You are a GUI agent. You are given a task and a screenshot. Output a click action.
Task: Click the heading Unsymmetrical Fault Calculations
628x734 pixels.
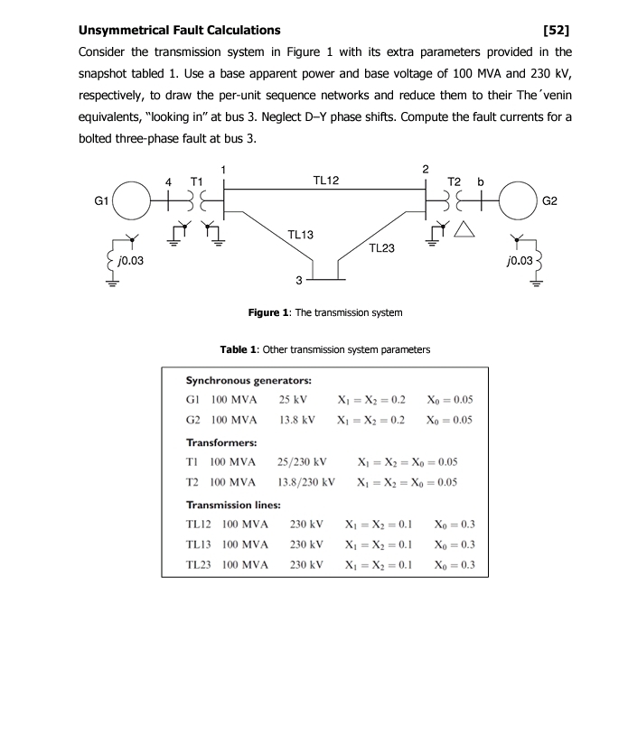pyautogui.click(x=179, y=30)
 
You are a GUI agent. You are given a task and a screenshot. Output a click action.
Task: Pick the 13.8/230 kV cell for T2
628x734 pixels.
pyautogui.click(x=305, y=481)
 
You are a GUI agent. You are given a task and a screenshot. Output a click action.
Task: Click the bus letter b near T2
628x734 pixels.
pyautogui.click(x=481, y=181)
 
